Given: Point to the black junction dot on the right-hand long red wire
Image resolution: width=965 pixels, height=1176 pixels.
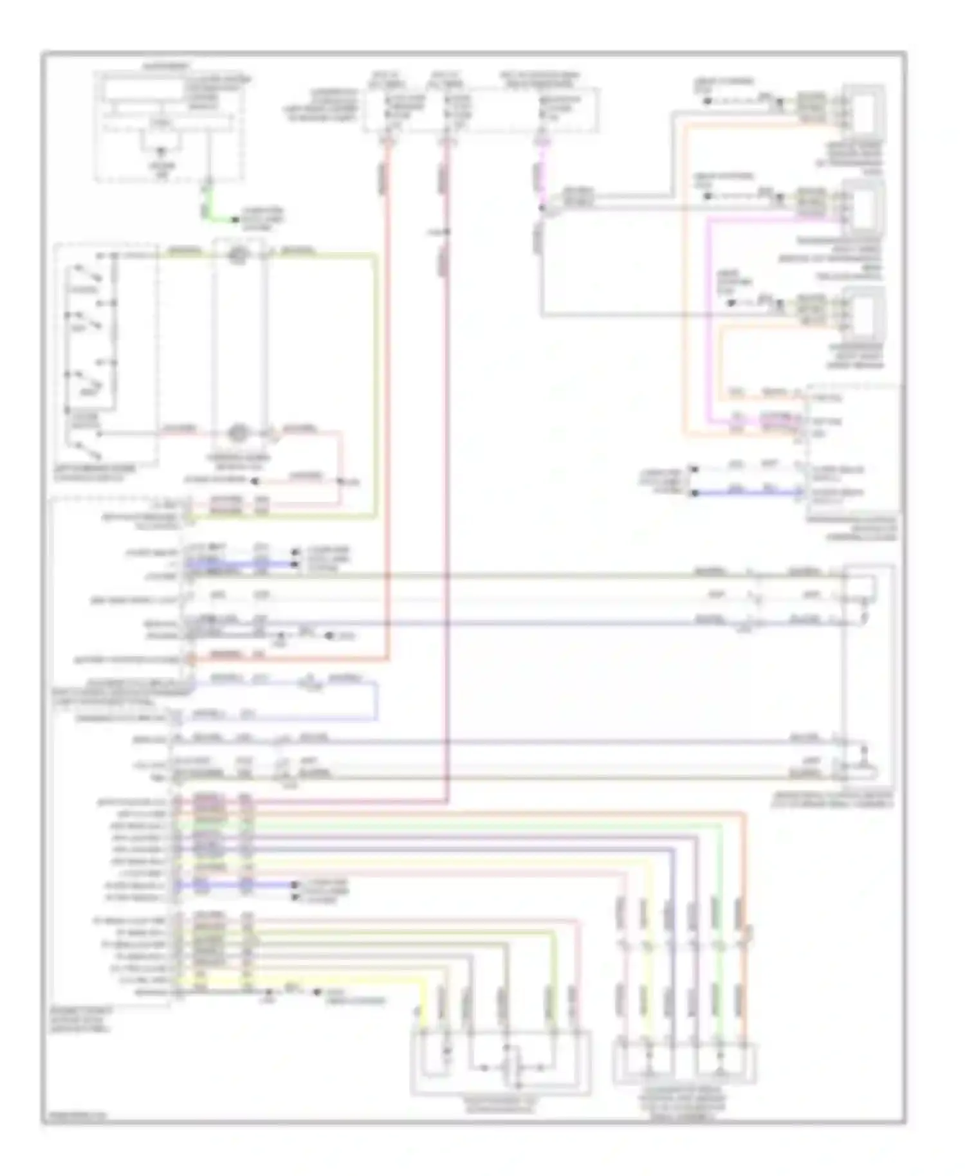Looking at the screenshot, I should tap(448, 232).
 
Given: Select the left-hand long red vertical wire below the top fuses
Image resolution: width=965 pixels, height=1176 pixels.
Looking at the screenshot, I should tap(388, 386).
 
